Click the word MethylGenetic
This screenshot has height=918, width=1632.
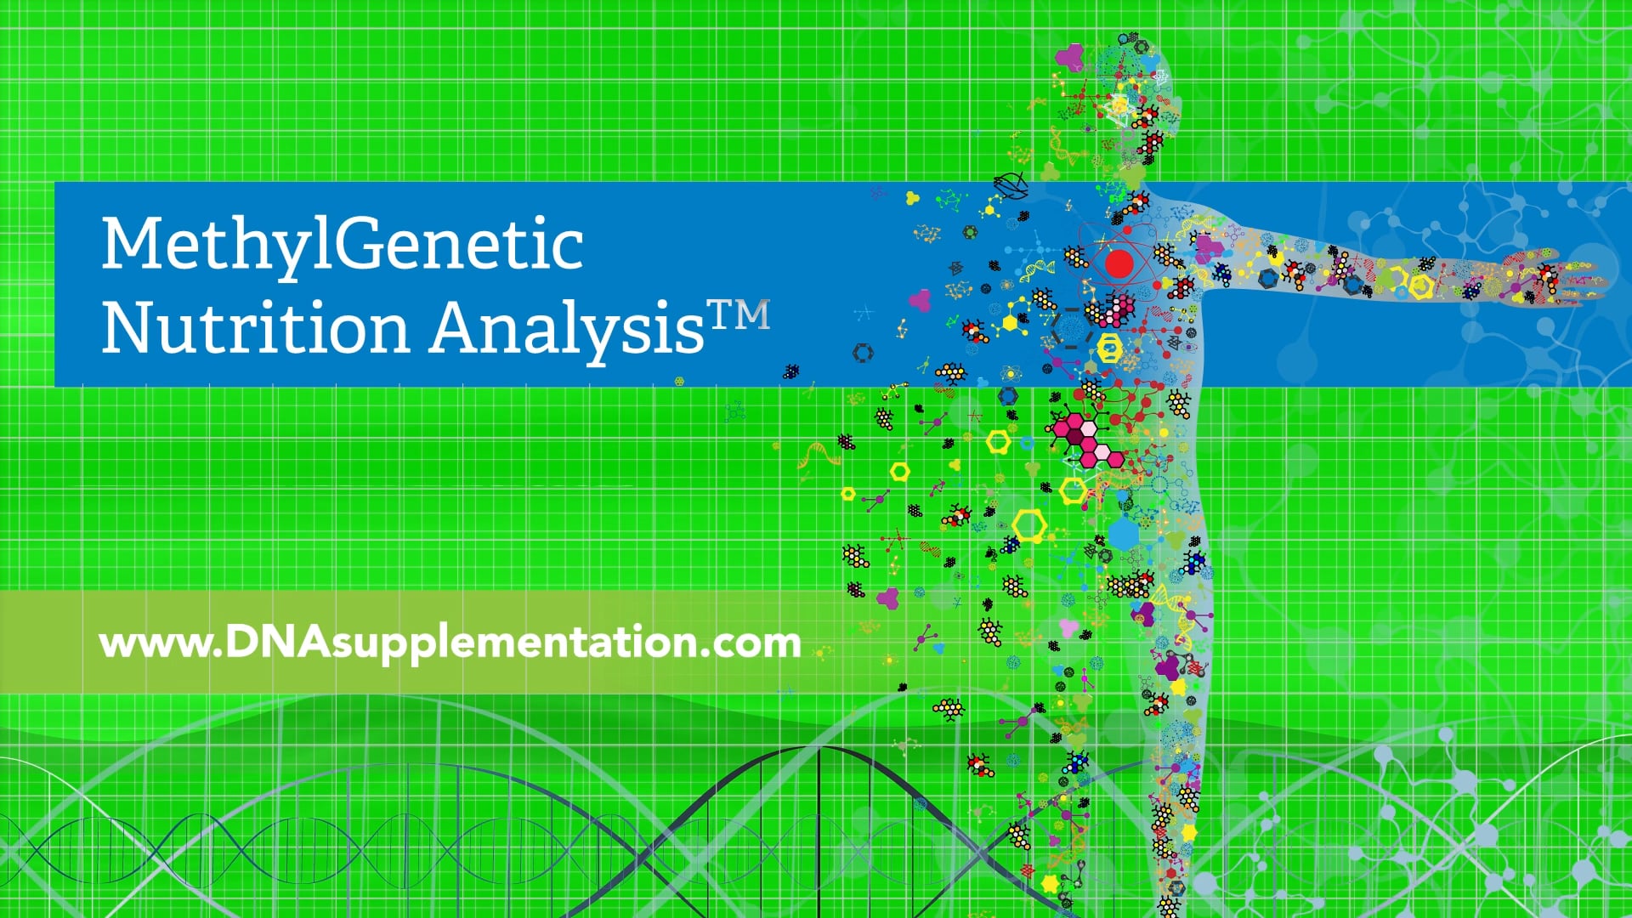click(x=342, y=245)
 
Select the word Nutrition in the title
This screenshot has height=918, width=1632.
click(x=255, y=327)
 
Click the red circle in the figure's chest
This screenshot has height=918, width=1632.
click(x=1119, y=265)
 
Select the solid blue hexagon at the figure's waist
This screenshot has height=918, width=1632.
click(x=1124, y=534)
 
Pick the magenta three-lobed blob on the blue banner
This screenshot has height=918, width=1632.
click(x=920, y=299)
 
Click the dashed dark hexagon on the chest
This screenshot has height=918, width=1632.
click(x=1073, y=327)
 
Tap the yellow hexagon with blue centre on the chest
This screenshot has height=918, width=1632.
click(x=1110, y=348)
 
